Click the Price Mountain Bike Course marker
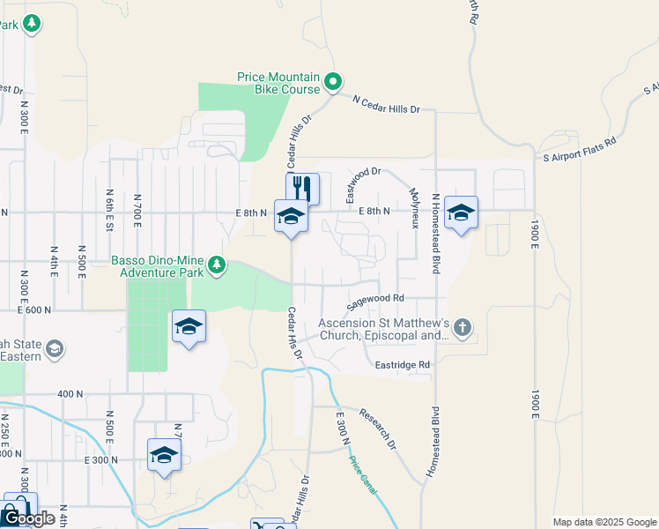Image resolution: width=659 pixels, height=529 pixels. pos(332,83)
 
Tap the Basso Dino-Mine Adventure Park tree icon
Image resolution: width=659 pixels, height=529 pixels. pos(216,263)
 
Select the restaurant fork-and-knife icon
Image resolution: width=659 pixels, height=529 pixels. pos(302,187)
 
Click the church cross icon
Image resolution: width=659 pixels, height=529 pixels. pos(463,329)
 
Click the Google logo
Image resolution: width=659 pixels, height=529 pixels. pos(28,518)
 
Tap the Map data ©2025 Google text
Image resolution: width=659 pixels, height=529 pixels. pos(604,522)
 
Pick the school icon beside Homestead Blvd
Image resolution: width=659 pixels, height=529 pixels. pos(461,214)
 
